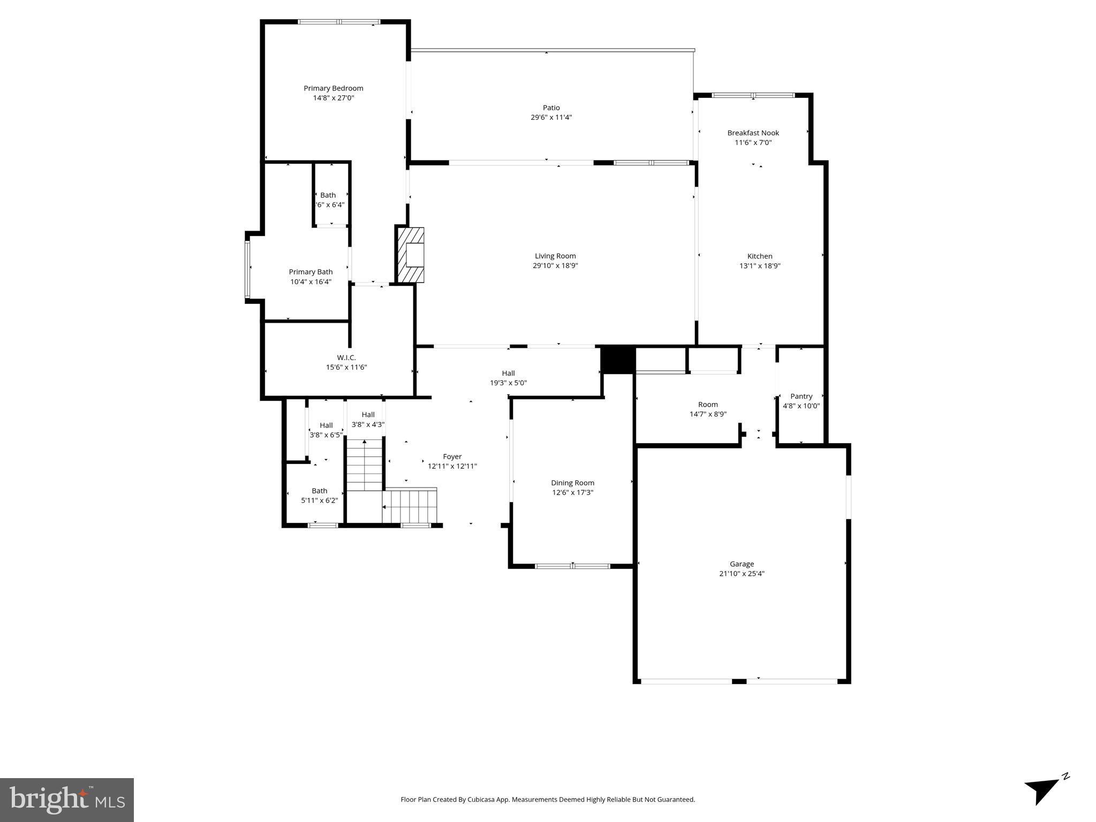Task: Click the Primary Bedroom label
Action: tap(333, 88)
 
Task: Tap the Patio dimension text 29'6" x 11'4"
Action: tap(551, 117)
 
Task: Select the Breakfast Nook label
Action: tap(753, 133)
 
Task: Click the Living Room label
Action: tap(555, 256)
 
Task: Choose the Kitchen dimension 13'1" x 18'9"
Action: tap(760, 265)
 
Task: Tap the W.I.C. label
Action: tap(346, 357)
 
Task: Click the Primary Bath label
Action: tap(311, 272)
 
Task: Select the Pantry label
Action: tap(801, 396)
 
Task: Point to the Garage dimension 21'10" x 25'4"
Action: tap(742, 573)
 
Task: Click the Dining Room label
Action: tap(572, 483)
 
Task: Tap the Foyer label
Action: tap(452, 456)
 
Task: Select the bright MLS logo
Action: tap(67, 800)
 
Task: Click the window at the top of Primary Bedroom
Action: tap(338, 22)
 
